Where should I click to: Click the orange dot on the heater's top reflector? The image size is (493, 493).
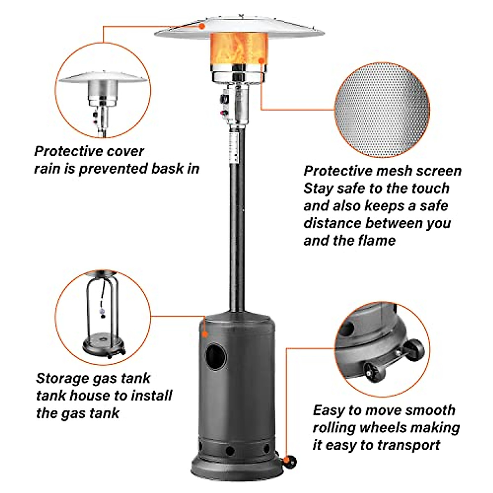pos(202,26)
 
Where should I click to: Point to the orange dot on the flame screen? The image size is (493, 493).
pos(261,61)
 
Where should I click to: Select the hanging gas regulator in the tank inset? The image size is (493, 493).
pos(101,315)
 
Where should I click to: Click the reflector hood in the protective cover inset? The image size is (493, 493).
pos(102,78)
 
